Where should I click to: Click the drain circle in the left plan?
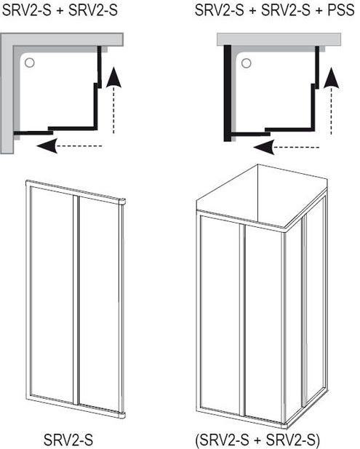click(30, 62)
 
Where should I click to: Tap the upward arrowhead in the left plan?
click(113, 77)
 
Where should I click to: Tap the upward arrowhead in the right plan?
click(332, 78)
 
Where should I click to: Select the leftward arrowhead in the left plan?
click(47, 146)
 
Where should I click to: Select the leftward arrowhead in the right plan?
click(264, 148)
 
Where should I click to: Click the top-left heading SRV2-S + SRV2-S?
click(60, 11)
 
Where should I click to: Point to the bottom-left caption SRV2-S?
click(68, 439)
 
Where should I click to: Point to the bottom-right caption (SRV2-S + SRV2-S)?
click(257, 440)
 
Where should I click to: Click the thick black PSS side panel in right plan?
click(228, 93)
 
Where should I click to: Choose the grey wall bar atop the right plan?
click(279, 39)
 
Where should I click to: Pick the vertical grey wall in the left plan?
click(7, 93)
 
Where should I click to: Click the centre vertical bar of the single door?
click(76, 300)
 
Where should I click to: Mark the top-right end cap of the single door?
click(122, 202)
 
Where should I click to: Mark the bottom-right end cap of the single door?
click(122, 415)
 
